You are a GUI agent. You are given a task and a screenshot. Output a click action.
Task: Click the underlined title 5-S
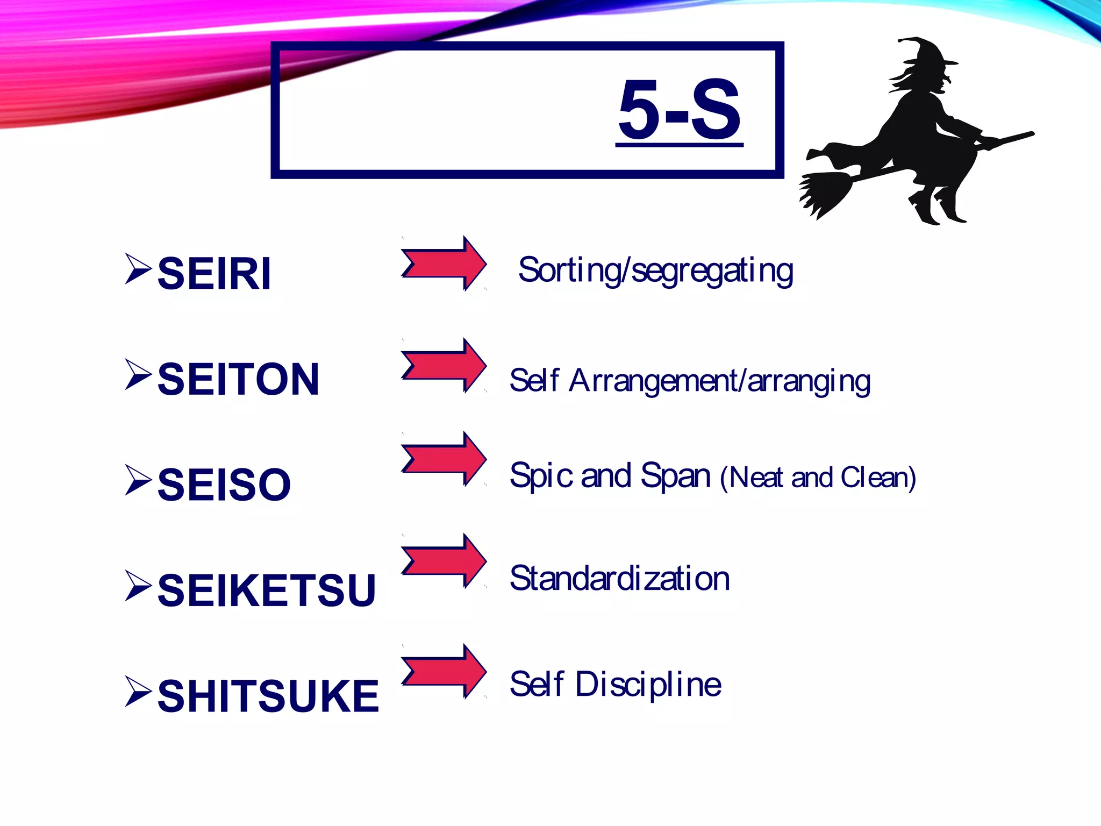(x=680, y=110)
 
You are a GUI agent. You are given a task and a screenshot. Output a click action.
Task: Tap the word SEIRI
(x=214, y=274)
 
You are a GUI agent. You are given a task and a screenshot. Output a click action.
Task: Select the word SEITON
(x=238, y=379)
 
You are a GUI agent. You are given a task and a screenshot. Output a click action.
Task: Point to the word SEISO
(x=224, y=485)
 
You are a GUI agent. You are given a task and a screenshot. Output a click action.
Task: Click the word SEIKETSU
(x=267, y=590)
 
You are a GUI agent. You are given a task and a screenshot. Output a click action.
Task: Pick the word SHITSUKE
(x=268, y=696)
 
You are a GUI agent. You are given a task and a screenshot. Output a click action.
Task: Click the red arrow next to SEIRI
(x=444, y=264)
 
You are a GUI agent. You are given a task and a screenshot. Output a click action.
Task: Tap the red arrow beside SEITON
(x=444, y=366)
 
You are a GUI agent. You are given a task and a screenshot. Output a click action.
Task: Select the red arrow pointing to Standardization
(x=444, y=561)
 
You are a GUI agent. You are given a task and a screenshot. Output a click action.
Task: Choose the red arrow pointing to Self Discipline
(x=444, y=671)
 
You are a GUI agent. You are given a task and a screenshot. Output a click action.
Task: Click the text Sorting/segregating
(x=655, y=270)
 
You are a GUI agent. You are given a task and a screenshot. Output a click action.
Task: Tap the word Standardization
(x=619, y=579)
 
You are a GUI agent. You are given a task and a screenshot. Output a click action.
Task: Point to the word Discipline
(x=648, y=684)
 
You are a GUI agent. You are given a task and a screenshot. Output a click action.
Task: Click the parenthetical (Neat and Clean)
(x=818, y=478)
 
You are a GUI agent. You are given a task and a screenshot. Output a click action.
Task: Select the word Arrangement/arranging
(x=719, y=381)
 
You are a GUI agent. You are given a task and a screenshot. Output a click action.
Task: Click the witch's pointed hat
(x=926, y=54)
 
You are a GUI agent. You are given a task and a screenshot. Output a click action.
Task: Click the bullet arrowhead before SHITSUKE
(x=138, y=691)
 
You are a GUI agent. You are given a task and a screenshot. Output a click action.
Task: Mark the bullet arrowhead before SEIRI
(x=138, y=268)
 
